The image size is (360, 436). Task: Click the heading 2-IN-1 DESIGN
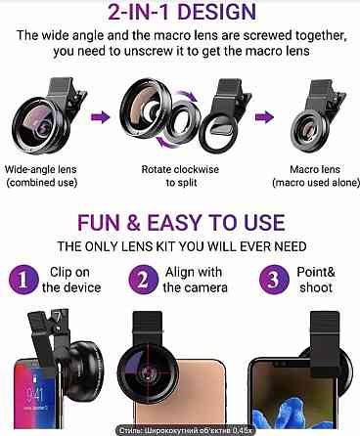(182, 12)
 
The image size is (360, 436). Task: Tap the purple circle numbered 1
(22, 280)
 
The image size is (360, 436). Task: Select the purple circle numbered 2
(144, 280)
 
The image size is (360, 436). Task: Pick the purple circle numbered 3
(274, 280)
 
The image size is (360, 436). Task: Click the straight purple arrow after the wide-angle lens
(101, 117)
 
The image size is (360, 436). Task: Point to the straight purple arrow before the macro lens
(264, 117)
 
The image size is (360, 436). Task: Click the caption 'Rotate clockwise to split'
(180, 176)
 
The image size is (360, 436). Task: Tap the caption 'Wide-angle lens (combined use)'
(41, 176)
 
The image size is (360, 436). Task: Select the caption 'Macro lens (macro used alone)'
(315, 176)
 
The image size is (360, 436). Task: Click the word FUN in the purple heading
(99, 223)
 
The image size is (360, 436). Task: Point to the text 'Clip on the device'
(71, 280)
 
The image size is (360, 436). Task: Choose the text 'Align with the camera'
(195, 280)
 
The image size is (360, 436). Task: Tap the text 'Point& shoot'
(316, 280)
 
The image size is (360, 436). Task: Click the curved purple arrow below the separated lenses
(168, 146)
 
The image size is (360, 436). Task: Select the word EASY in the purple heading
(174, 223)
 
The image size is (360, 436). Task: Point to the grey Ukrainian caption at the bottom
(185, 430)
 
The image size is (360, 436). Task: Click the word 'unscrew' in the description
(150, 52)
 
